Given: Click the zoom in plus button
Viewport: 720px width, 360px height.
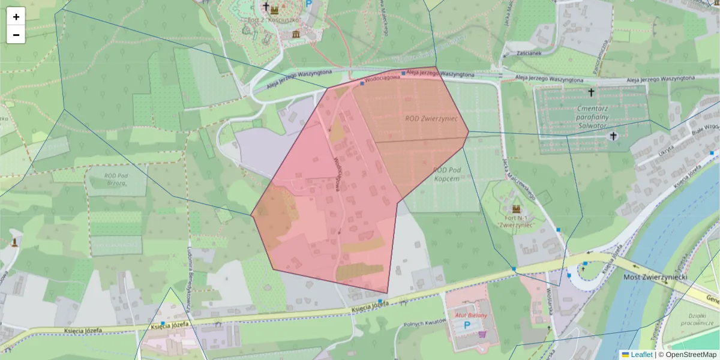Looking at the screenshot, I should (x=16, y=17).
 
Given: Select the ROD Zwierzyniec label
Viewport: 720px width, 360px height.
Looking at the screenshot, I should (x=431, y=119).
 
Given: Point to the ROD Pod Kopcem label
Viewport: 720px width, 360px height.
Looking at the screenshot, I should (x=446, y=175).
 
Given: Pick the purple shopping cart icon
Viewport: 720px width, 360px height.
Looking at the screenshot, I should (x=481, y=334).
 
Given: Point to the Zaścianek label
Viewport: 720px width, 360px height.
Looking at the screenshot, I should (x=521, y=53).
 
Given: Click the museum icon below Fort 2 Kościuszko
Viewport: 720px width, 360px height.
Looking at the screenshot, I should (x=296, y=34).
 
